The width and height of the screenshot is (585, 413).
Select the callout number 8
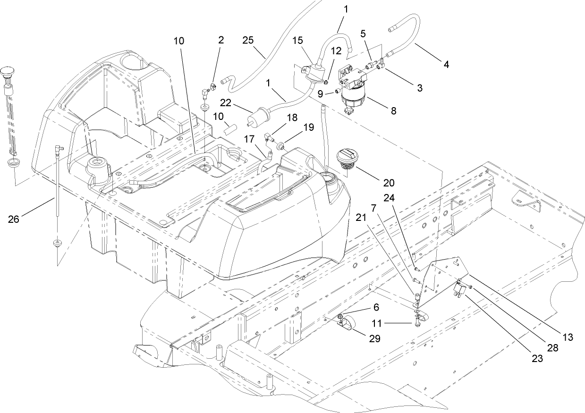click(393, 111)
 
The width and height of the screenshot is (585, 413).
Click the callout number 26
click(14, 219)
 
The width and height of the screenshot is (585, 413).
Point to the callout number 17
click(250, 139)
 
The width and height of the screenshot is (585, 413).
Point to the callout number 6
click(376, 306)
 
